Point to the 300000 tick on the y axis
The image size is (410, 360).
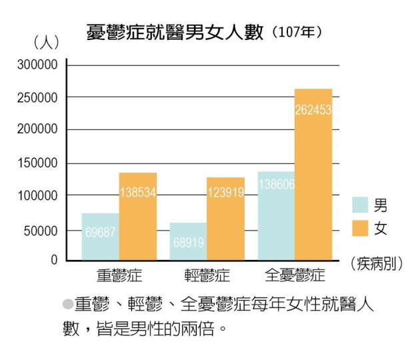tap(38, 65)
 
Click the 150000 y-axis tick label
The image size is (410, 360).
tap(38, 163)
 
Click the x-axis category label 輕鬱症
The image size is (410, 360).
tap(207, 274)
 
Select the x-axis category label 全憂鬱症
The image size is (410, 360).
tap(295, 274)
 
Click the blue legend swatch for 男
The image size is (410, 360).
tap(361, 204)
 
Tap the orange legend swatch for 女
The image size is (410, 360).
tap(361, 228)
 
